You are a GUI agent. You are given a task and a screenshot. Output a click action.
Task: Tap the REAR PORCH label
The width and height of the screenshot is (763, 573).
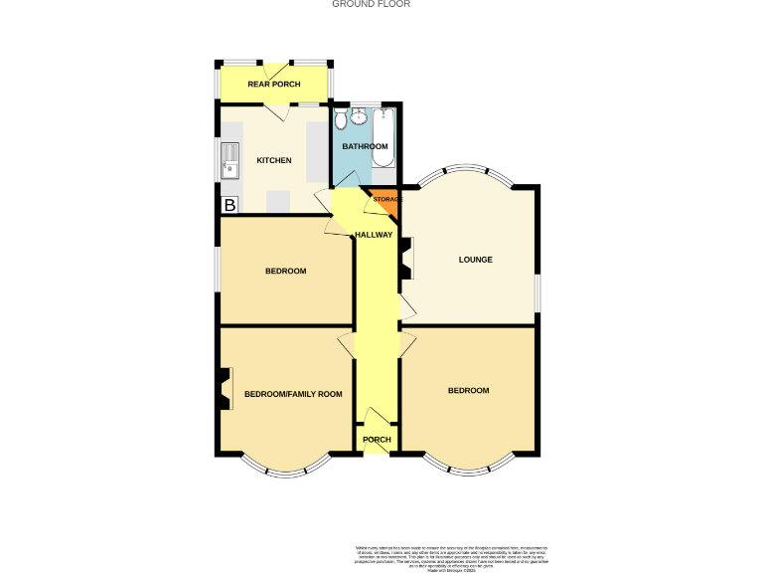point(273,84)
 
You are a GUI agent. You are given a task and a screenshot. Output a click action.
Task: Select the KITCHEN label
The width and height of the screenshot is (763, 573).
point(274,160)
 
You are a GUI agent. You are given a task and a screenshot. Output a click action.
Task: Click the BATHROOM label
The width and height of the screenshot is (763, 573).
point(365,146)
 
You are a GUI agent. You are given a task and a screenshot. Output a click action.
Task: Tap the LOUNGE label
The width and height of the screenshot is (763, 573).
point(475,260)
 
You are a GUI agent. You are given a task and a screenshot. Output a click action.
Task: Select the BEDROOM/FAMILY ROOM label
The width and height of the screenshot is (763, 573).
point(293,394)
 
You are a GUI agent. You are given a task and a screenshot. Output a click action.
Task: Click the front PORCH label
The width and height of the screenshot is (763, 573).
point(377,440)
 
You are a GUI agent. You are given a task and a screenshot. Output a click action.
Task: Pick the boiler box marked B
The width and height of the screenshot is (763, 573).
point(229,205)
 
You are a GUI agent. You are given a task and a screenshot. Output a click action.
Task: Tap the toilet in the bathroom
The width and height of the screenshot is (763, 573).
point(340,120)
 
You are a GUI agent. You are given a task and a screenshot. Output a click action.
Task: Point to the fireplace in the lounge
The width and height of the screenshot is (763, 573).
point(406,262)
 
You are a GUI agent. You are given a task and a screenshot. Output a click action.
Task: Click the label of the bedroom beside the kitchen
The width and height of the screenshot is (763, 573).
point(285,271)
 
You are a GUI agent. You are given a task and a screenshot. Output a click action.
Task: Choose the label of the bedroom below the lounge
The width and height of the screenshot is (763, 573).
point(468,390)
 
